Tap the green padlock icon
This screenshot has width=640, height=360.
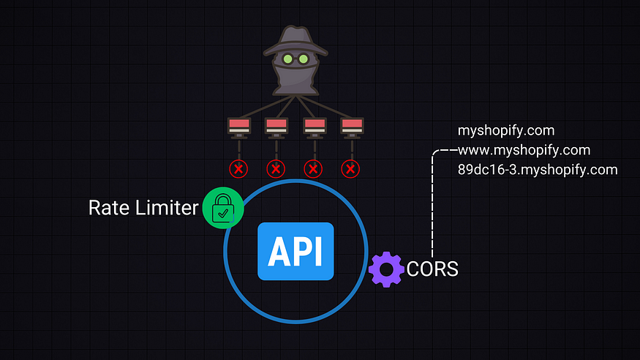[222, 208]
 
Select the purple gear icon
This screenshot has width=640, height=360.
[386, 269]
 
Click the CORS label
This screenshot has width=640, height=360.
[432, 269]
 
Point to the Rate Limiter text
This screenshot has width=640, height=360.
[143, 208]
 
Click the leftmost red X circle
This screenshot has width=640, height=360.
[238, 169]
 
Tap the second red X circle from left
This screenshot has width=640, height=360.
[276, 169]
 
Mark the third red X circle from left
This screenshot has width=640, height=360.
[314, 169]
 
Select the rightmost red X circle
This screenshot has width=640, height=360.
[351, 169]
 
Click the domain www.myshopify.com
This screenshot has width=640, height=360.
[524, 151]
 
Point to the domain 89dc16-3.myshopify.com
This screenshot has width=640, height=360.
[538, 170]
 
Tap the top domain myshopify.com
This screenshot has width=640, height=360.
[506, 131]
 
